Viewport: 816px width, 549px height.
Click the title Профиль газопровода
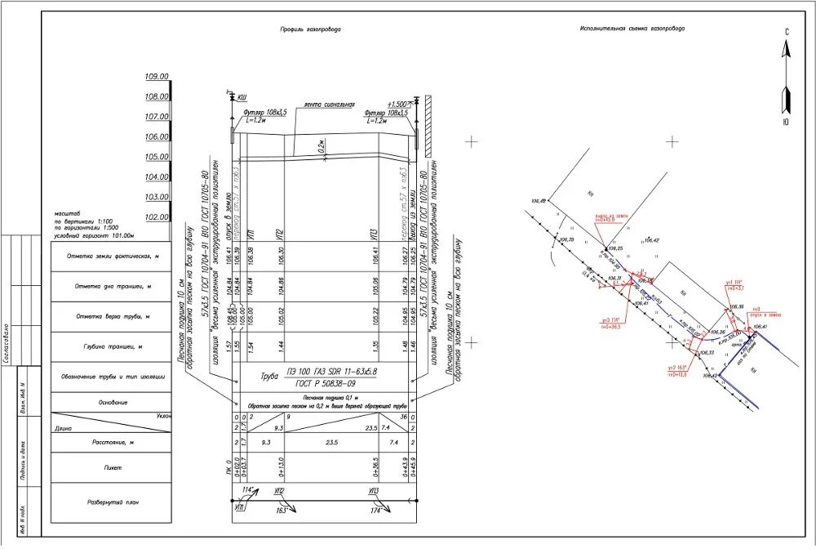click(310, 29)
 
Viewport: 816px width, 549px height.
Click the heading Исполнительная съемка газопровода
click(633, 28)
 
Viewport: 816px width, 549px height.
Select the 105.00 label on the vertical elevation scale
click(157, 157)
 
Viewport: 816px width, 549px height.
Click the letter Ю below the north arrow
click(786, 122)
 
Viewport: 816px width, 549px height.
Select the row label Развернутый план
click(113, 502)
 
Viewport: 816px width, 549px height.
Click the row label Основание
click(113, 402)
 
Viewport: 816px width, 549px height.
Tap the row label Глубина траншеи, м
click(113, 346)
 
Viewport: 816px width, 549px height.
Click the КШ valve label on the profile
click(242, 96)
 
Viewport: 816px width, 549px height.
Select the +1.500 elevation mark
click(397, 105)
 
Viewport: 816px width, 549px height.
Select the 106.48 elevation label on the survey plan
click(537, 201)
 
